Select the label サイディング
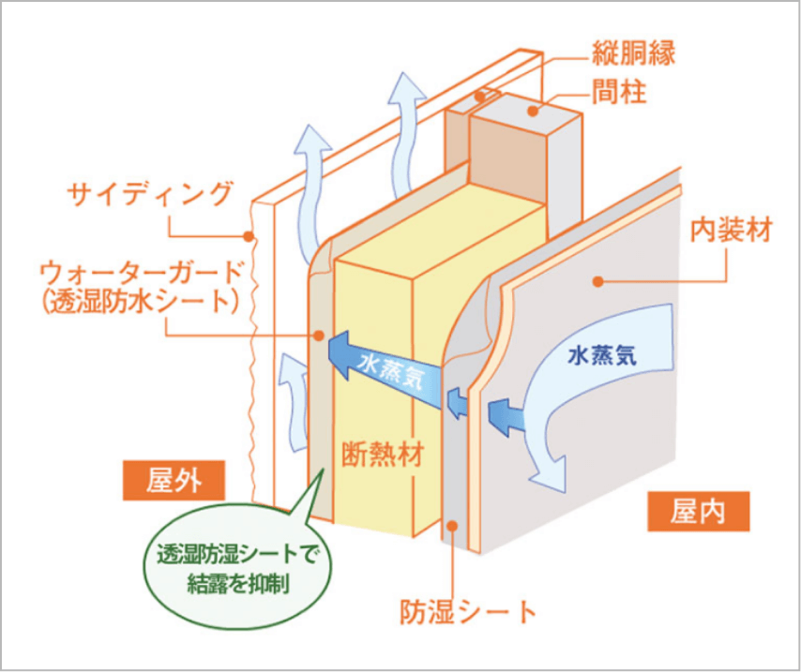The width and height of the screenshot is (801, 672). click(x=149, y=194)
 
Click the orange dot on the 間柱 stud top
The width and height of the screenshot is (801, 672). click(x=533, y=111)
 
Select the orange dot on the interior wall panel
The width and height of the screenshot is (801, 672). click(x=596, y=279)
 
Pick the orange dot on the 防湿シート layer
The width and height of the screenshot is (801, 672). click(x=456, y=527)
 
